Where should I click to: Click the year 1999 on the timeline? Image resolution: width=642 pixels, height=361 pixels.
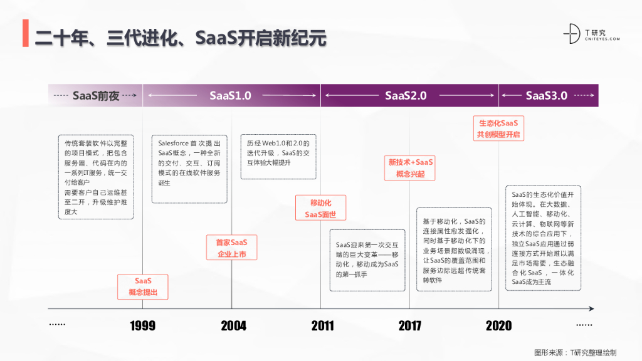click(x=143, y=326)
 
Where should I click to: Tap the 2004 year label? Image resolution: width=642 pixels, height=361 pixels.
click(x=233, y=326)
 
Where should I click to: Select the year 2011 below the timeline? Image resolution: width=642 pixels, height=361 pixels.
click(x=322, y=326)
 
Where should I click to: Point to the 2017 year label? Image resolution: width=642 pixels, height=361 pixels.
click(x=410, y=326)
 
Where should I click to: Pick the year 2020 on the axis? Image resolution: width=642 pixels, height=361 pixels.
click(x=498, y=326)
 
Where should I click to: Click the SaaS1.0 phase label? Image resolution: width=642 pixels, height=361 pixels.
click(x=230, y=96)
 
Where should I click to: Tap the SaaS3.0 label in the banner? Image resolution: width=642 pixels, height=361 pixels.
click(x=546, y=96)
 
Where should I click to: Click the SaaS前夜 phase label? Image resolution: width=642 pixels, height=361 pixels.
click(x=96, y=96)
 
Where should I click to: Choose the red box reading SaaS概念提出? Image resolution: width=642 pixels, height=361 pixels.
click(x=143, y=286)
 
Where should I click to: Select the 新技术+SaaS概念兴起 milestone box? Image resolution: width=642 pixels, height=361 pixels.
click(x=410, y=168)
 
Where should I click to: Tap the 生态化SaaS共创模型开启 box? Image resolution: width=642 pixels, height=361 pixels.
click(x=499, y=128)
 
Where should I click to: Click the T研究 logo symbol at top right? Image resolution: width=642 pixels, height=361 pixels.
click(x=571, y=34)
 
